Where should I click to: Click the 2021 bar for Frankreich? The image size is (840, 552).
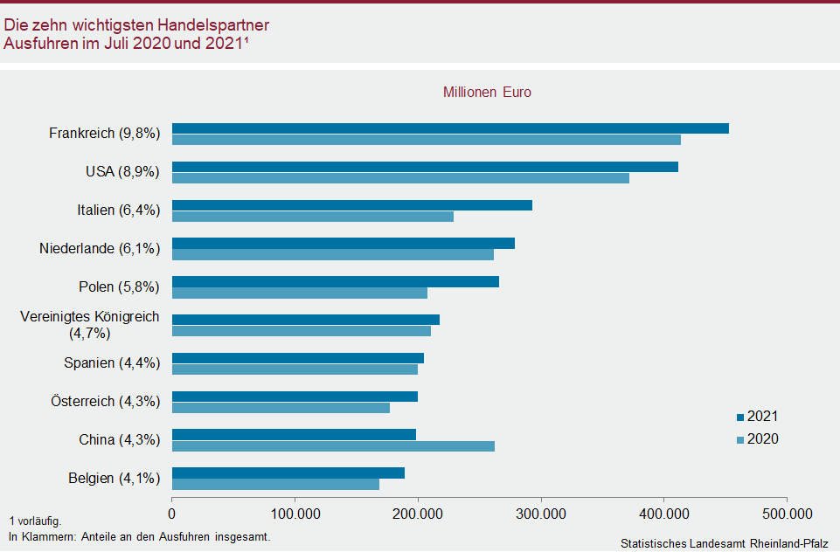pos(450,128)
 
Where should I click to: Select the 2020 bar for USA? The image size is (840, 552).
pos(400,178)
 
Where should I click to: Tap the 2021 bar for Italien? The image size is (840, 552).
pos(351,205)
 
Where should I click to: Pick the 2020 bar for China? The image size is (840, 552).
pos(333,446)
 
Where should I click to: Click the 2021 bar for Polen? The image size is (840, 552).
pos(335,281)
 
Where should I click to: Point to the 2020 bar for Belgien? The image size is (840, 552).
pos(275,484)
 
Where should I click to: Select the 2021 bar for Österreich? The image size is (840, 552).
pos(295,397)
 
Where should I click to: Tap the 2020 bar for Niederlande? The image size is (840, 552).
pos(332,254)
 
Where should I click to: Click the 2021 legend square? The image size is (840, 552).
pos(739,417)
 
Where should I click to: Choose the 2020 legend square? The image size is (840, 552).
pos(739,439)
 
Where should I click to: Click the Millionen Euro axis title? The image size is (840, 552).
pos(487,92)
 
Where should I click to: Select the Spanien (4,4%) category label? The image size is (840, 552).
pos(112,363)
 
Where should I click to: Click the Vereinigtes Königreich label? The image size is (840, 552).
pos(90,316)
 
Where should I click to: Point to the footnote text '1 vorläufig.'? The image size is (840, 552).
pos(35,521)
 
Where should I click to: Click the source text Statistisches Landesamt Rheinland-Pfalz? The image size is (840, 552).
pos(724,543)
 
